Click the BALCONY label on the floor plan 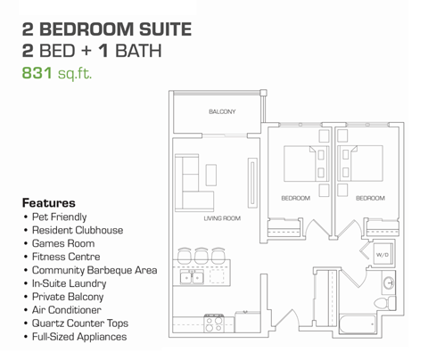pos(222,111)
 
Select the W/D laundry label pos(383,254)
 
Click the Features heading pos(48,202)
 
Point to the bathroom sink pos(390,284)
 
